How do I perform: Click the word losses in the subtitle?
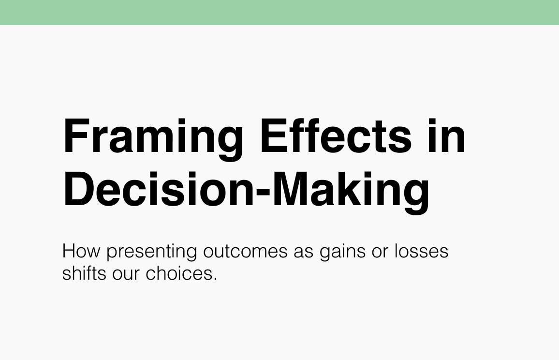coord(422,252)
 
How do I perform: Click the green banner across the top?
coord(279,12)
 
